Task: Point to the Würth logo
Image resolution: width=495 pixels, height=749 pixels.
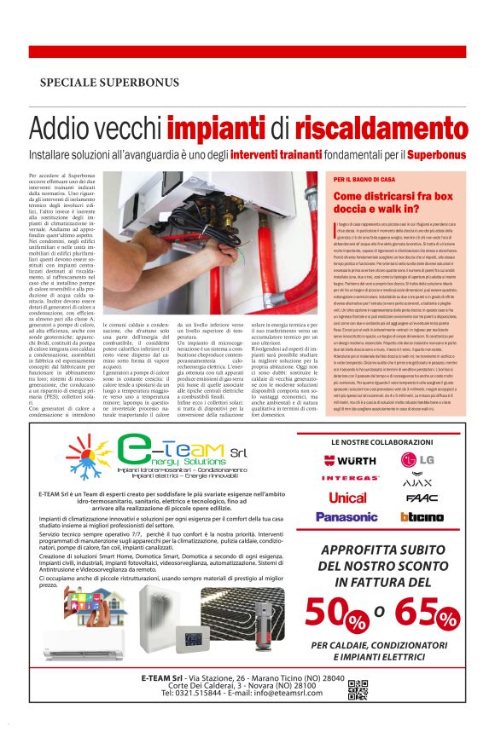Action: coord(349,461)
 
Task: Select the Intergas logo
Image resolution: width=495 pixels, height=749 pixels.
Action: coord(349,479)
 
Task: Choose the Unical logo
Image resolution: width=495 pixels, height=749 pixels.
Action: coord(347,498)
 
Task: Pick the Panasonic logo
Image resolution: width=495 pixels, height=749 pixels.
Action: coord(346,516)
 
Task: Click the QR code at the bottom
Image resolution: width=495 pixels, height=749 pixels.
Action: coord(358,689)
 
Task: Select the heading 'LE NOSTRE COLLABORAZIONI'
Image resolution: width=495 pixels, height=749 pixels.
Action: coord(381,443)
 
